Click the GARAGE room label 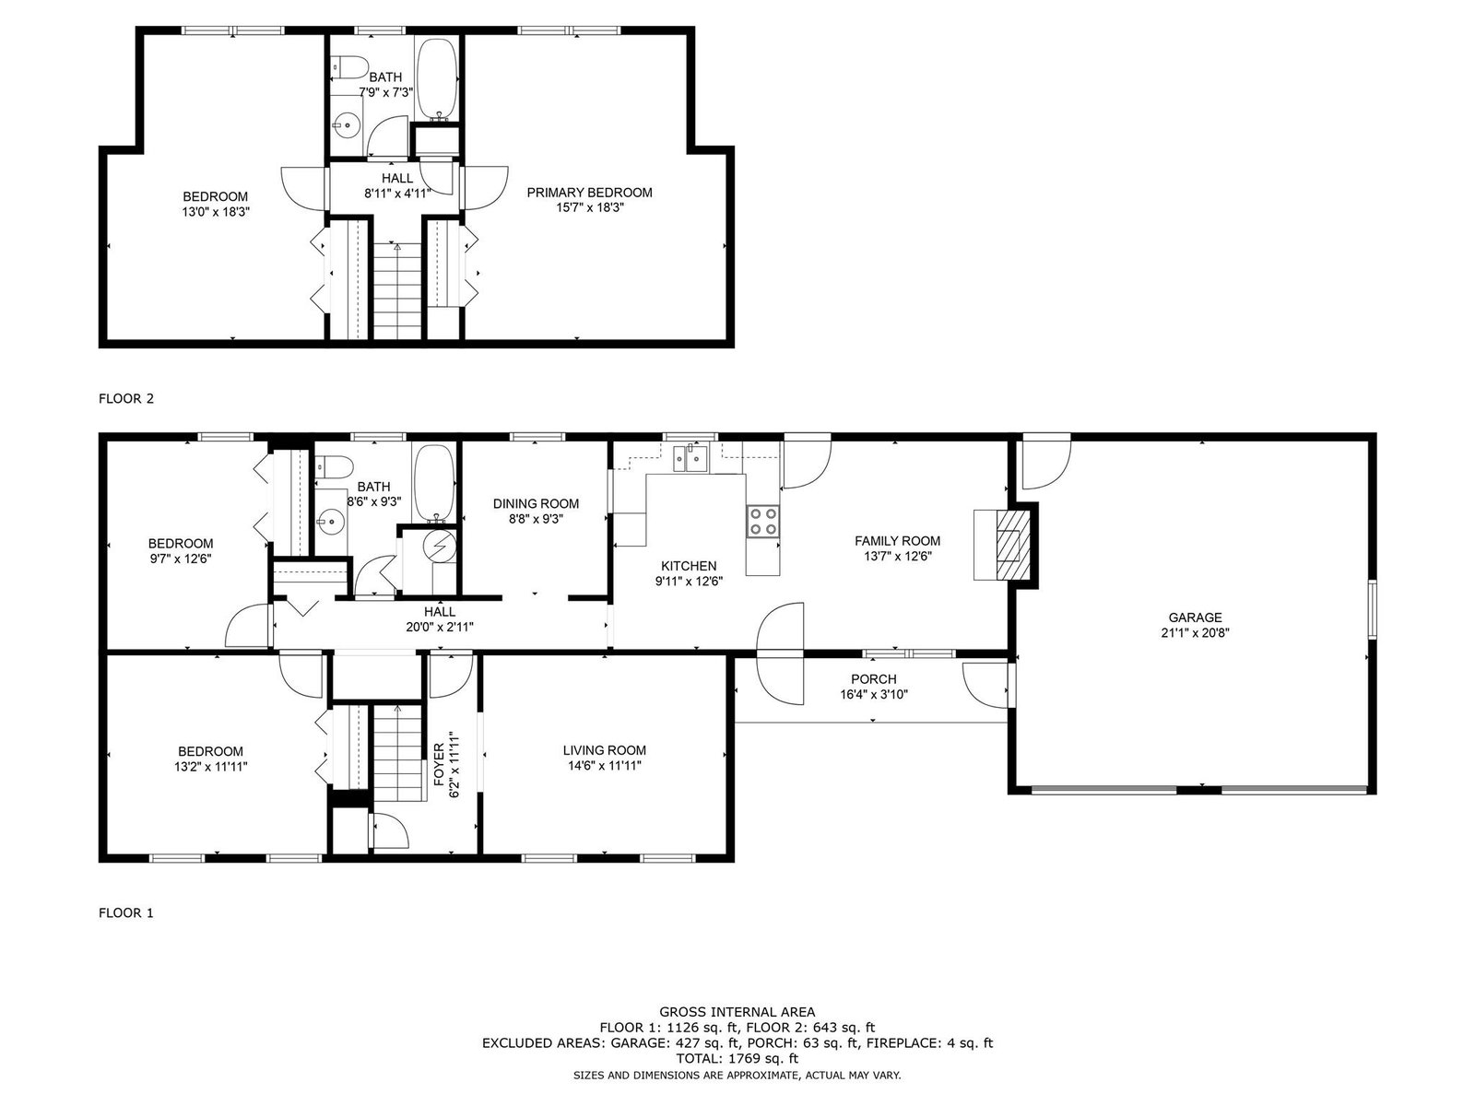pos(1195,618)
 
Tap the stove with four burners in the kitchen pos(762,521)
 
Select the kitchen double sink pos(691,460)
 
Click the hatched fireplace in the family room pos(1012,544)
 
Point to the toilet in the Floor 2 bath pos(349,68)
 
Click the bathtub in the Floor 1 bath pos(435,484)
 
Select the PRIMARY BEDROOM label pos(589,193)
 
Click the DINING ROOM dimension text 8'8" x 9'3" pos(536,519)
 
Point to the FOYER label pos(439,765)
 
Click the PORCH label pos(874,679)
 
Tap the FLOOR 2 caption pos(126,398)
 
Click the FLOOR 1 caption pos(126,912)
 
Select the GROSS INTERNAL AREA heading pos(737,1011)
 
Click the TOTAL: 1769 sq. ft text pos(737,1058)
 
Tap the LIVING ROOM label pos(605,750)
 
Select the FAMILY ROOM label pos(898,541)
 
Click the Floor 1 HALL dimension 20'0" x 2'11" pos(440,628)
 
